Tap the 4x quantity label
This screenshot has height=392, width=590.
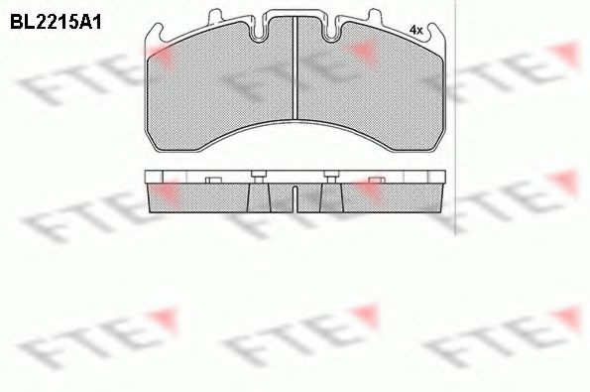click(416, 31)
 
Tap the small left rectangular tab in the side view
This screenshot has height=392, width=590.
click(210, 180)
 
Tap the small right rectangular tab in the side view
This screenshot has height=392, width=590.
click(375, 180)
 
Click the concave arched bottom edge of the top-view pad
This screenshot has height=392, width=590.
click(297, 127)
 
